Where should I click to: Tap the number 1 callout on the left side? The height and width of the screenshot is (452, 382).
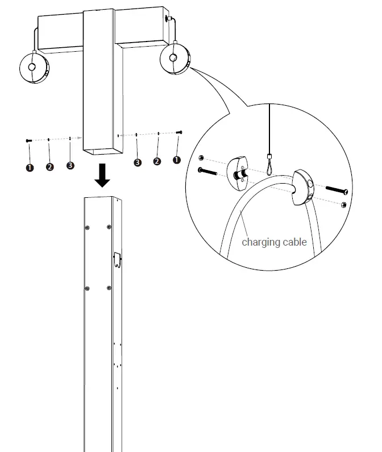30,167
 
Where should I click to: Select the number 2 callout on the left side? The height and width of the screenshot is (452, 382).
50,167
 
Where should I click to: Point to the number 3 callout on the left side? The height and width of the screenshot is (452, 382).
70,165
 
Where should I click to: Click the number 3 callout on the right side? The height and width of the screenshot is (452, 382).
137,163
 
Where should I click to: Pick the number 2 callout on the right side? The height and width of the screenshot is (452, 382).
157,161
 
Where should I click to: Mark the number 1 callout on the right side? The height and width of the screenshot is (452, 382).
177,160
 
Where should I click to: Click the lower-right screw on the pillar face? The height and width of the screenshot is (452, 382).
109,288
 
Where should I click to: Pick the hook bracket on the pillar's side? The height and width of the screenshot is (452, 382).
118,259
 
